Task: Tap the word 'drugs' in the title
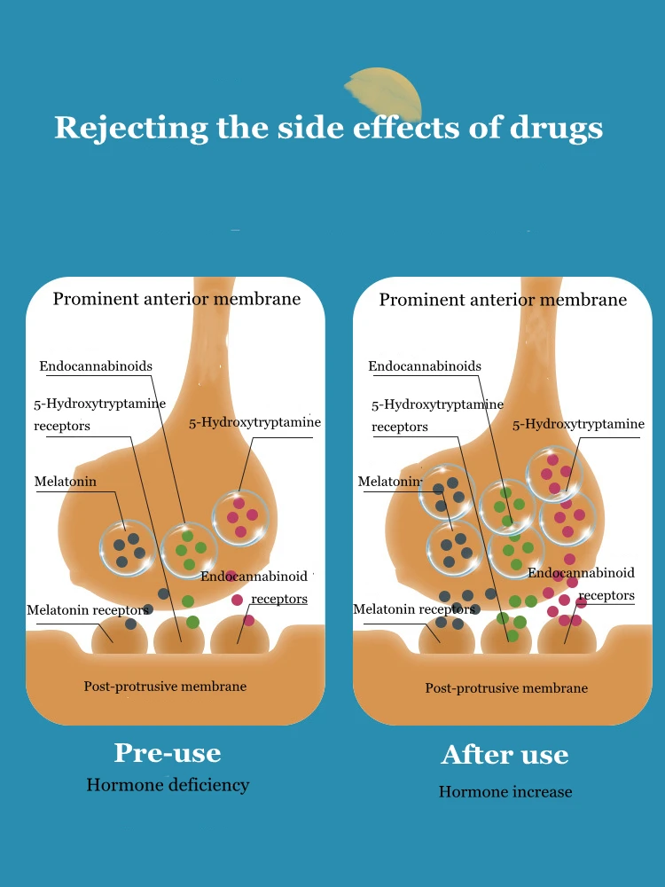tap(556, 128)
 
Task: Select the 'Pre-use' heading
tap(168, 753)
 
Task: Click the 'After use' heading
tap(505, 755)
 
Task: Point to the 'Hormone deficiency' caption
tap(168, 785)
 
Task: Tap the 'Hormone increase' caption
tap(505, 791)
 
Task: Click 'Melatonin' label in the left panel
tap(66, 482)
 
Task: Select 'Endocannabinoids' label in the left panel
tap(96, 366)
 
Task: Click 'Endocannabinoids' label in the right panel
tap(425, 366)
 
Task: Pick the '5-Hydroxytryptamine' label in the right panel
tap(578, 424)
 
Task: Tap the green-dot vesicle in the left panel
tap(189, 550)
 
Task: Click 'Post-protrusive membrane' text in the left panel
tap(165, 686)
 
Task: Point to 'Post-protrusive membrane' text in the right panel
tap(506, 687)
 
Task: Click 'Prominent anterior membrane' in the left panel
tap(176, 299)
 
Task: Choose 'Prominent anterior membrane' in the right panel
tap(503, 300)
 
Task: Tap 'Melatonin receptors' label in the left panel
tap(87, 610)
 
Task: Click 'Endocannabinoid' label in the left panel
tap(254, 577)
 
